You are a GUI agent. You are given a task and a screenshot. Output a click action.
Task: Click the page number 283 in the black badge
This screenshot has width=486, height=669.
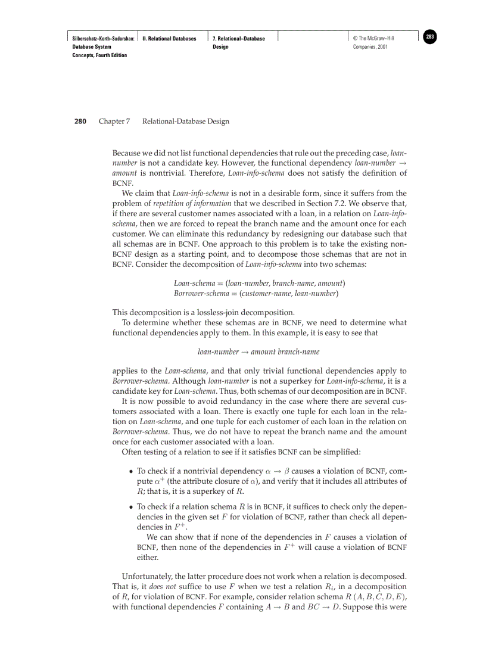[430, 37]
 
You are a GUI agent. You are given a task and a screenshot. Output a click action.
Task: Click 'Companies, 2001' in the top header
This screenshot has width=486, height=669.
[370, 47]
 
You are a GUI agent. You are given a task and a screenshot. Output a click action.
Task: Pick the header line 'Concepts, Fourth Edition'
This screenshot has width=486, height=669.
[99, 55]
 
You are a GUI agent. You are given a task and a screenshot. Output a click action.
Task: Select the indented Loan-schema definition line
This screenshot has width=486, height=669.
[259, 282]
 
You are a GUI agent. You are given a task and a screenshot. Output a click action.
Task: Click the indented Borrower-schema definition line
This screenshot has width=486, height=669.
[256, 293]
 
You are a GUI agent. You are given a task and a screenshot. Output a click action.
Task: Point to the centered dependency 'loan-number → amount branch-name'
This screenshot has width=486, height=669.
[258, 351]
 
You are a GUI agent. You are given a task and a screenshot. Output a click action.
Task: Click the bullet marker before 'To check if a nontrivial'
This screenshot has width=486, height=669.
[130, 471]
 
